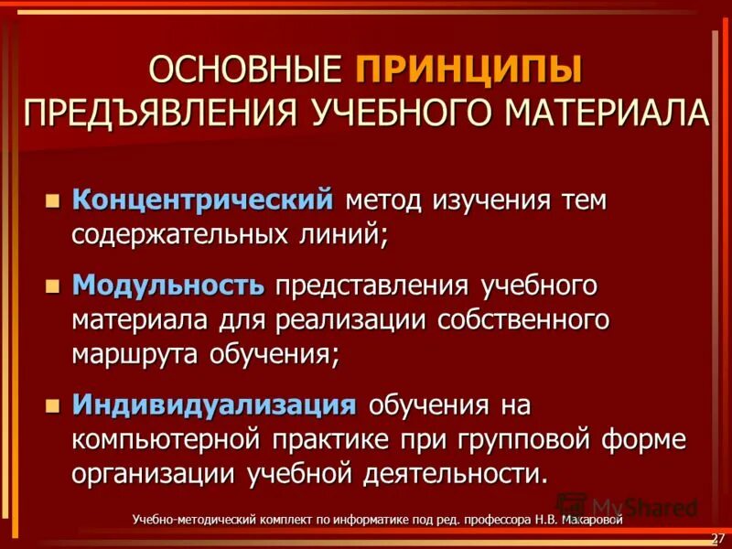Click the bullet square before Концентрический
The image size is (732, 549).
pyautogui.click(x=53, y=199)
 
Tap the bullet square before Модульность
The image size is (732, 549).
pyautogui.click(x=53, y=286)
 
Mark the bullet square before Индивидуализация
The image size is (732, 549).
pyautogui.click(x=53, y=404)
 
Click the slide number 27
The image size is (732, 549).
pyautogui.click(x=717, y=535)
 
